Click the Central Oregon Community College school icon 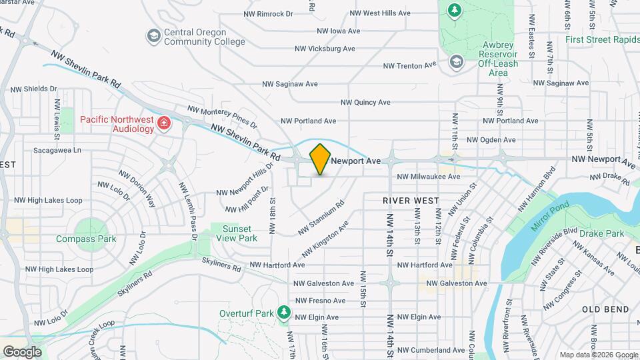coord(154,35)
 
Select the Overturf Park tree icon coord(285,312)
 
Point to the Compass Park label coord(86,239)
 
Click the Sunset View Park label coord(239,233)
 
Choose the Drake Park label coord(601,233)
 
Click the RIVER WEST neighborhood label coord(411,201)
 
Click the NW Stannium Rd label coord(321,217)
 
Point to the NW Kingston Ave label coord(325,240)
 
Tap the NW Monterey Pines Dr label coord(222,117)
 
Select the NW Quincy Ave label coord(365,103)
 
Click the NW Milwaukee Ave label coord(429,177)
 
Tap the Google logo coord(22,351)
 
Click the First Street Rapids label coord(602,39)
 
